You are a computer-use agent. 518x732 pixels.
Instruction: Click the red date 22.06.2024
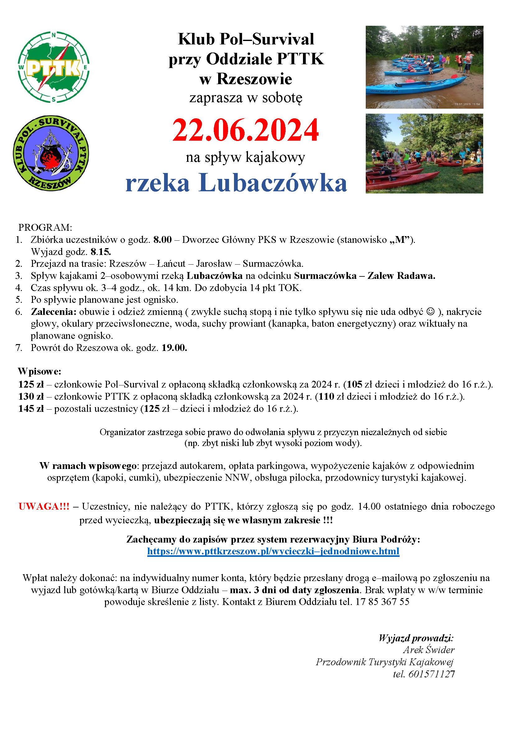pos(245,130)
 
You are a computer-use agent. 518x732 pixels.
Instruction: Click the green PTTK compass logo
pos(53,67)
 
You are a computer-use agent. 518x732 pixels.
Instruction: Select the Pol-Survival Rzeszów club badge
pos(51,153)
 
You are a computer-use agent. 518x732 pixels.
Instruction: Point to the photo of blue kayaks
pos(424,67)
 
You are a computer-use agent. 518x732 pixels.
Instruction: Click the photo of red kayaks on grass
pos(424,154)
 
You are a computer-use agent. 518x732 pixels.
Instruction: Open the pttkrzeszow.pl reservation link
pos(273,551)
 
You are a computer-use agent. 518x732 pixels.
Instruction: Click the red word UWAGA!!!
pos(44,507)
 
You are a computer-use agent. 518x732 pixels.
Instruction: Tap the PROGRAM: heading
pos(45,228)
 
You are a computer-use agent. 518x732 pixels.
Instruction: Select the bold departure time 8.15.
pos(101,252)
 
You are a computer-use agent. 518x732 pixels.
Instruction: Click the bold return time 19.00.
pos(174,348)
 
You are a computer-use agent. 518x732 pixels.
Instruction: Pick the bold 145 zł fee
pos(31,408)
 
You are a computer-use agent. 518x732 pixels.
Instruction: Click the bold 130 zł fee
pos(31,396)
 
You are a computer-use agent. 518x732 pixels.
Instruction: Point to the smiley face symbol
pos(431,311)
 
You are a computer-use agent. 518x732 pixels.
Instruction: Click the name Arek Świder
pos(429,650)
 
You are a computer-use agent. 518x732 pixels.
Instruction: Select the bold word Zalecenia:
pos(53,311)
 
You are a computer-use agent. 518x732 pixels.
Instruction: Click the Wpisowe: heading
pos(39,371)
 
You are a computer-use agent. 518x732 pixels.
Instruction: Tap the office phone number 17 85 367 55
pos(382,602)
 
